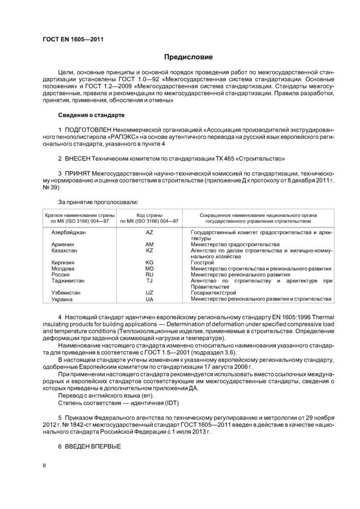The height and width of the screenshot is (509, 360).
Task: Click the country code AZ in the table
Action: pos(149,233)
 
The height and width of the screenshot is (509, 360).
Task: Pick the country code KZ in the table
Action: pos(149,250)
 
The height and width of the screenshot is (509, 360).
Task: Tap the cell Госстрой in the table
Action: pos(202,262)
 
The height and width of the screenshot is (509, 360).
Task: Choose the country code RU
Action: pos(149,275)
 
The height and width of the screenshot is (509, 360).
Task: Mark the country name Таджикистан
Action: pos(68,281)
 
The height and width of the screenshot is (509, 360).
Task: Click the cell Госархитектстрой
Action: pos(213,293)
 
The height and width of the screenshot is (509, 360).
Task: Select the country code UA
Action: pos(149,299)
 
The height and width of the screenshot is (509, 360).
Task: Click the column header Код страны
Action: pos(149,214)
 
